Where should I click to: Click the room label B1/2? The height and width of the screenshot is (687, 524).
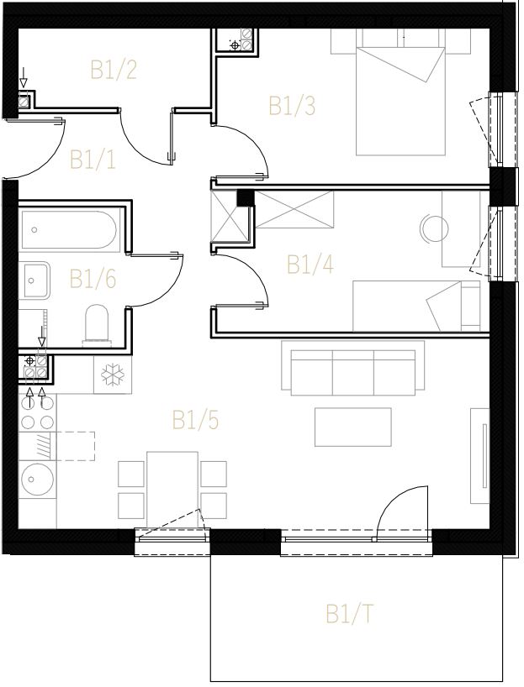coord(114,70)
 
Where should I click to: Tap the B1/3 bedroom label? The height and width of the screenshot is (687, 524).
coord(292,106)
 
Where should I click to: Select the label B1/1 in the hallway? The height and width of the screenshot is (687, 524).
coord(93,160)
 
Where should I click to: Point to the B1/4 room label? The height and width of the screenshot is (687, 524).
coord(310,265)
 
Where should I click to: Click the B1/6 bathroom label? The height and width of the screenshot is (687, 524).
coord(93,279)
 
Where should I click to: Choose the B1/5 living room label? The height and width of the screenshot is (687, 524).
coord(195,420)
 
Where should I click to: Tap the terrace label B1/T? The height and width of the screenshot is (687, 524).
coord(349,614)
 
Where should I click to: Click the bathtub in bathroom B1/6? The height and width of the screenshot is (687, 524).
coord(69,230)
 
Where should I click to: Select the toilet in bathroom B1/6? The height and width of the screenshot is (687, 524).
coord(97,323)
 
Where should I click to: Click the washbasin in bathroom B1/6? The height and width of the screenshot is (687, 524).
coord(34,281)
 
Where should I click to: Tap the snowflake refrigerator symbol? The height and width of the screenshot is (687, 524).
coord(113,375)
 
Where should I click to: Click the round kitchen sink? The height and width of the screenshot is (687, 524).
coord(37,479)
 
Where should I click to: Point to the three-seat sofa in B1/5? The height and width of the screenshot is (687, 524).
coord(353,368)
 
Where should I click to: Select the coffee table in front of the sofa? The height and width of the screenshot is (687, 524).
coord(353,427)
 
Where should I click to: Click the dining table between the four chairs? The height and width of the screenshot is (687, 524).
coord(172,490)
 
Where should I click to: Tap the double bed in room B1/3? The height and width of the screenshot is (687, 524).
coord(400,100)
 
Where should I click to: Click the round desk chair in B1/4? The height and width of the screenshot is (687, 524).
coord(434,228)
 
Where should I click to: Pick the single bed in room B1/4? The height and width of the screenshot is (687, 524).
coord(416,307)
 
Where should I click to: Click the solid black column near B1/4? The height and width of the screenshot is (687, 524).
coord(246,197)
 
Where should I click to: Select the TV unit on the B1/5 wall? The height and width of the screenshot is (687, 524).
coord(479,456)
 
